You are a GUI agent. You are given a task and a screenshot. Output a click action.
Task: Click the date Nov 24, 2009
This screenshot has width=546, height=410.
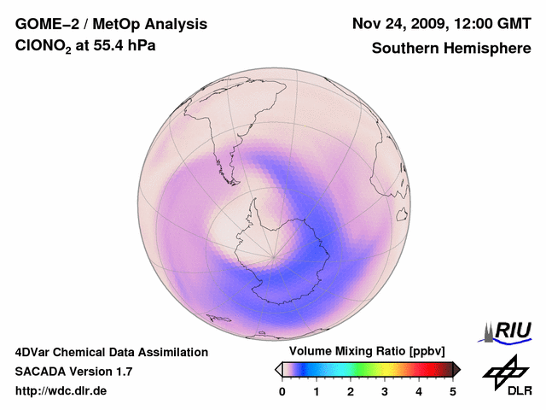click(396, 23)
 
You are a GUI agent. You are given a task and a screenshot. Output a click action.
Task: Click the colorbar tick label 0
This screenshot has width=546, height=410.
click(282, 391)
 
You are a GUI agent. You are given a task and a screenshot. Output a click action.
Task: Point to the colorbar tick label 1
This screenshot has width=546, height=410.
click(317, 391)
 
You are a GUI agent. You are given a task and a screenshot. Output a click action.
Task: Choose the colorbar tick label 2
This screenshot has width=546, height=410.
click(351, 391)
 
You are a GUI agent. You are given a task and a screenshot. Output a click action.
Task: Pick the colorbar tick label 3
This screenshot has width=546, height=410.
click(385, 391)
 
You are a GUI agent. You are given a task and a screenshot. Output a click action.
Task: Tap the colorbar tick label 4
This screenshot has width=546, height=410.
click(419, 391)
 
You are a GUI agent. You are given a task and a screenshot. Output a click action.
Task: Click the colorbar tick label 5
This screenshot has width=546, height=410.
click(453, 391)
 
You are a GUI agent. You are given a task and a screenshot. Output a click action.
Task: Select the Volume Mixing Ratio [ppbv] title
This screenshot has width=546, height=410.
click(367, 352)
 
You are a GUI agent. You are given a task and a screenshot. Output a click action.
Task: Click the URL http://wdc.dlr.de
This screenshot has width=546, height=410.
click(61, 391)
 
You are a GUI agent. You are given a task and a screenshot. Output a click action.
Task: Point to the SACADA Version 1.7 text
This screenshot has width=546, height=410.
click(73, 372)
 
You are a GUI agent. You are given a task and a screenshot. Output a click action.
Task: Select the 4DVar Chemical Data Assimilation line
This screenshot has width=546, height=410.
click(112, 352)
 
